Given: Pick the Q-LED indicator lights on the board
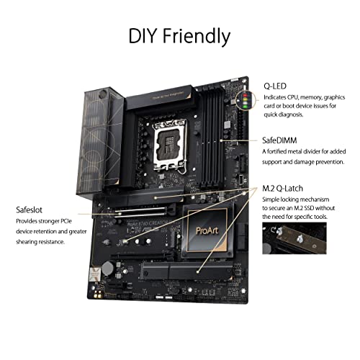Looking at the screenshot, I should point(251,101).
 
